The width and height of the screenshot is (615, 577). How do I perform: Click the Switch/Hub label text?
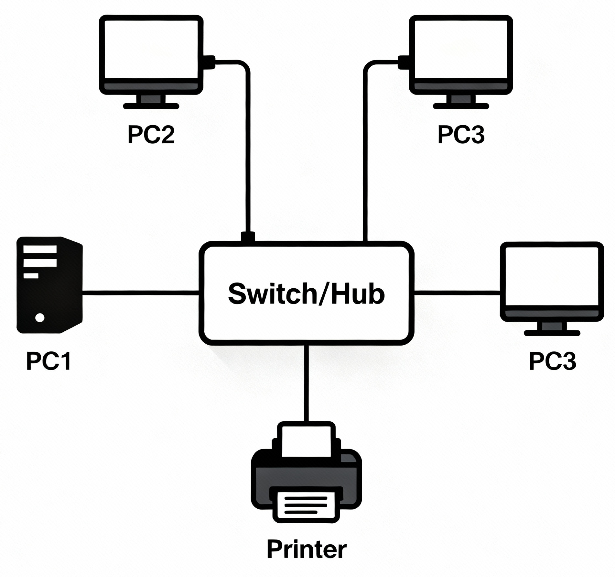click(306, 294)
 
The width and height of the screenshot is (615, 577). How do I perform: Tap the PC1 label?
click(49, 361)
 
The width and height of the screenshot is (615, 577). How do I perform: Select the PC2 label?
click(151, 135)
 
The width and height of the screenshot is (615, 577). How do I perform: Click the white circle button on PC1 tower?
click(40, 318)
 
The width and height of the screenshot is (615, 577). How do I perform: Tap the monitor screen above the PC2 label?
click(151, 49)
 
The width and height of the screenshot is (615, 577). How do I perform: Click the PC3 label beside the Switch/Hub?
click(552, 361)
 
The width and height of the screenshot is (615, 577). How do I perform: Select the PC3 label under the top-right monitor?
click(461, 135)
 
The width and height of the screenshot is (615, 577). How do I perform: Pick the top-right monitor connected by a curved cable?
click(461, 49)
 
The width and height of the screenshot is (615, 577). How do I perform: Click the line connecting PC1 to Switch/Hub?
click(141, 293)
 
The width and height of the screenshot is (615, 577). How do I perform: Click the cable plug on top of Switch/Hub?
click(248, 237)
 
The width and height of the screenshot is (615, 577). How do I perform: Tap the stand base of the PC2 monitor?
click(151, 106)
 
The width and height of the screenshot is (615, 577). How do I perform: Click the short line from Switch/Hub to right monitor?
click(457, 293)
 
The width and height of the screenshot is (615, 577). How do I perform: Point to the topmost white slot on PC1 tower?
click(40, 249)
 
